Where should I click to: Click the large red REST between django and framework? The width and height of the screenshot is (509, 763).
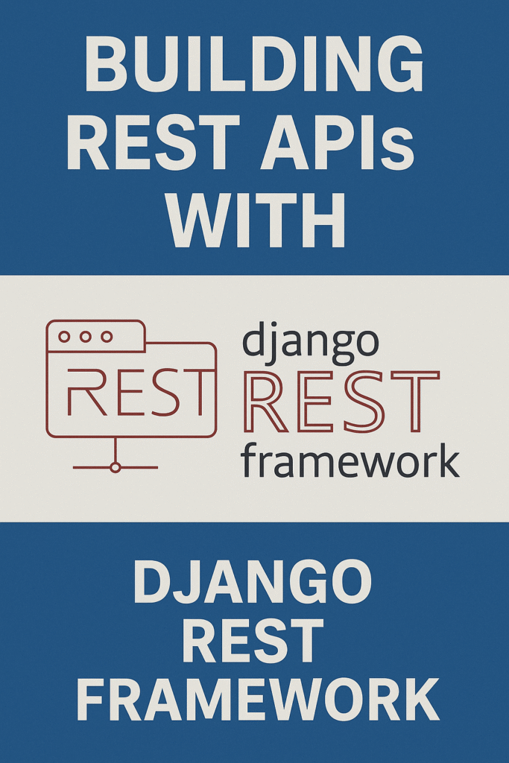point(340,402)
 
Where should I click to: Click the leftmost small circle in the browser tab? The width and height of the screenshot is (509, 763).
point(64,337)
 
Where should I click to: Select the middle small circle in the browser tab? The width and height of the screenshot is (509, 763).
point(86,337)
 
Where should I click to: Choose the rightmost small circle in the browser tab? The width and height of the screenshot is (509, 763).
point(107,337)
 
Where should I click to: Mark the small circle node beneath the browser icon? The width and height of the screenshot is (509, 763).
point(115,467)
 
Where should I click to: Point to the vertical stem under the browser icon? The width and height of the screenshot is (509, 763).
point(115,449)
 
